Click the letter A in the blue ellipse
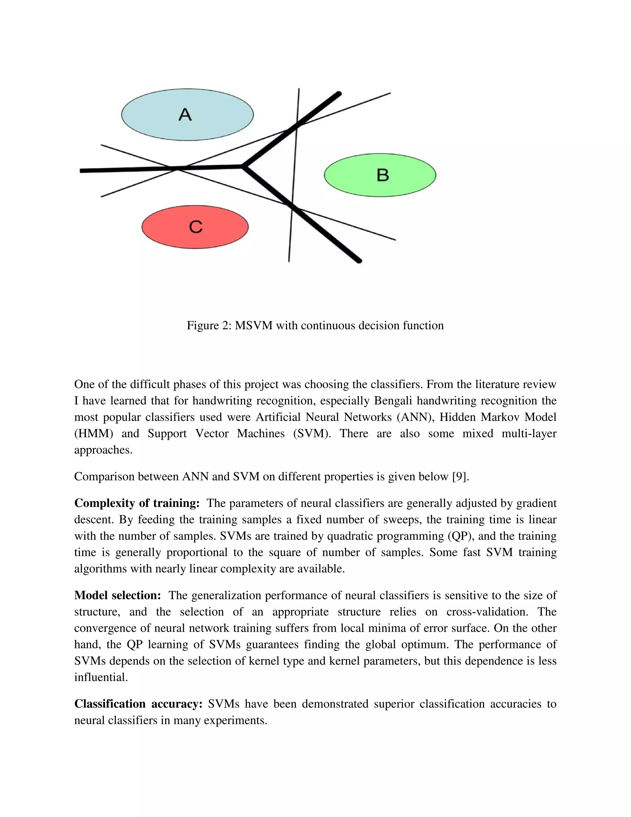point(185,114)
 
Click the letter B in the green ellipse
point(382,175)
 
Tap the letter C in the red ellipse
point(196,227)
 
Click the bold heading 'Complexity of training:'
point(137,503)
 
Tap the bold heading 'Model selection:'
point(117,595)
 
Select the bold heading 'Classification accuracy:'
point(138,704)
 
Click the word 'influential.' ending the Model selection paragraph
point(101,677)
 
